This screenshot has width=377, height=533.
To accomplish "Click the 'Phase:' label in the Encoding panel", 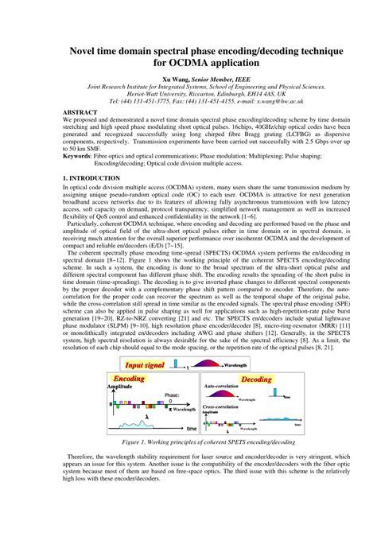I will [x=173, y=395].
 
